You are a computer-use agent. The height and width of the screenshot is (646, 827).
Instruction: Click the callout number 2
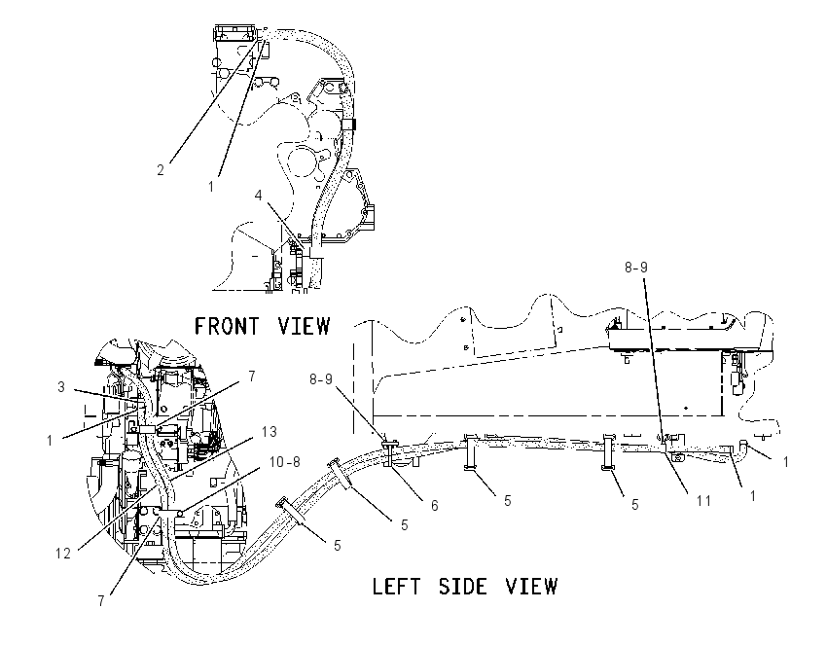[x=161, y=170]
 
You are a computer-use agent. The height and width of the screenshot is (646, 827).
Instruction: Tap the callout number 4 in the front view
[x=258, y=196]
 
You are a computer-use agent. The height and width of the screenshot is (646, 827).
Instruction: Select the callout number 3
[x=61, y=387]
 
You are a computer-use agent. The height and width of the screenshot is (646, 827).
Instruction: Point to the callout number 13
[x=269, y=432]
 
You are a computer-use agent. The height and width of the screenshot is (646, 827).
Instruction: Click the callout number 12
[x=63, y=554]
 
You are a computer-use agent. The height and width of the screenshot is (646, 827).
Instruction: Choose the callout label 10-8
[x=284, y=462]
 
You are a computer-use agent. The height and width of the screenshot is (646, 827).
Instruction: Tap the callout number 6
[x=434, y=505]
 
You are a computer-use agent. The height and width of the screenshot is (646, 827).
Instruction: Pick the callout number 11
[x=703, y=500]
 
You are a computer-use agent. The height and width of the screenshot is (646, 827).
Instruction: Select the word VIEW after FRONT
[x=304, y=326]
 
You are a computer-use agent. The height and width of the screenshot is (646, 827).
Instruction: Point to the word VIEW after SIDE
[x=531, y=587]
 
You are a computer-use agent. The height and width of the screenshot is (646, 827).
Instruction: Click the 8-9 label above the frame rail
[x=636, y=268]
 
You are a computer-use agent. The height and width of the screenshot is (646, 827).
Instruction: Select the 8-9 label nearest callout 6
[x=321, y=379]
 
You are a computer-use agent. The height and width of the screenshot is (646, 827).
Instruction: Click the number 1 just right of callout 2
[x=211, y=186]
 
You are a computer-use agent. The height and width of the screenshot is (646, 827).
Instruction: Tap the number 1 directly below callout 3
[x=50, y=440]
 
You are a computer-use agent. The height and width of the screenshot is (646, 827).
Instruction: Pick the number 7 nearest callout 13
[x=252, y=376]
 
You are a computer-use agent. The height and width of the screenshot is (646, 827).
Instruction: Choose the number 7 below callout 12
[x=101, y=600]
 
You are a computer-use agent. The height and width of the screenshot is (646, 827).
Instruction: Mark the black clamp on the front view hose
[x=350, y=125]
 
